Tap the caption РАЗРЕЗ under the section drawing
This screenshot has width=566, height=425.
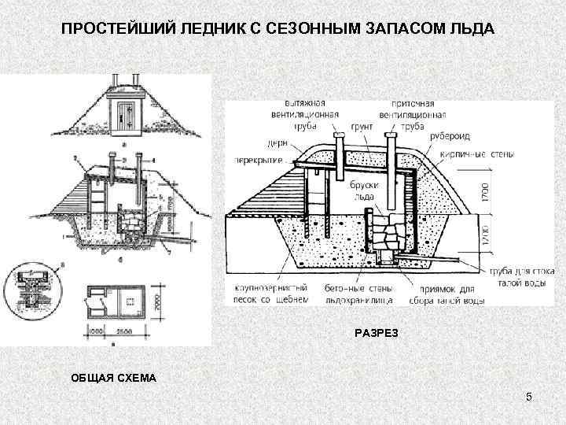tap(377, 333)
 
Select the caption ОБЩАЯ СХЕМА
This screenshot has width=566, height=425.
tap(115, 379)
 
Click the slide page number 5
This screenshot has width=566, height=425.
tap(529, 397)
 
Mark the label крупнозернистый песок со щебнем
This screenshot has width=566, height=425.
tap(266, 294)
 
